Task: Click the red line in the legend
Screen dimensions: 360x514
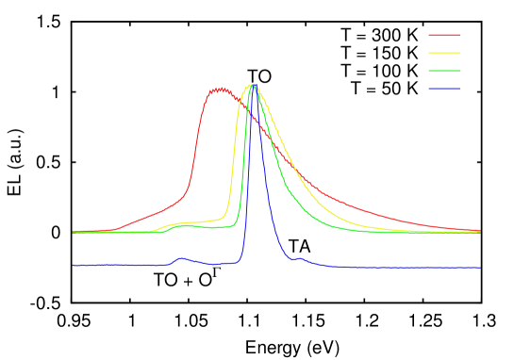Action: coord(444,35)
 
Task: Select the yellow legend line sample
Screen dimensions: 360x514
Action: coord(444,53)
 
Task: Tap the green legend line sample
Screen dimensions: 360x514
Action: coord(444,71)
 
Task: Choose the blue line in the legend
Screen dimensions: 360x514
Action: coord(444,89)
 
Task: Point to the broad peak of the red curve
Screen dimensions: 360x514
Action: coord(220,90)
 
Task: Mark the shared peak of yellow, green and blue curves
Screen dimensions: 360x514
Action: coord(252,87)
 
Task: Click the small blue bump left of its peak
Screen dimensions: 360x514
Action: coord(181,258)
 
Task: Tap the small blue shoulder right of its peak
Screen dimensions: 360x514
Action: coord(299,258)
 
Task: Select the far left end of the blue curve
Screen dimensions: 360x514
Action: coord(74,266)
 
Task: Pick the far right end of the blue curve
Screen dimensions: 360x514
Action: coord(479,268)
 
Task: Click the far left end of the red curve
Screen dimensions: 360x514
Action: coord(74,231)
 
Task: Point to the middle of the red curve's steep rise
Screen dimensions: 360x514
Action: coord(196,141)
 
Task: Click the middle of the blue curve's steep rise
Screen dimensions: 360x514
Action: coord(246,179)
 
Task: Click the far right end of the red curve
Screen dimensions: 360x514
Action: coord(479,230)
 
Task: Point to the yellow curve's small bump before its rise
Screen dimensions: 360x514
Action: coord(176,224)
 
